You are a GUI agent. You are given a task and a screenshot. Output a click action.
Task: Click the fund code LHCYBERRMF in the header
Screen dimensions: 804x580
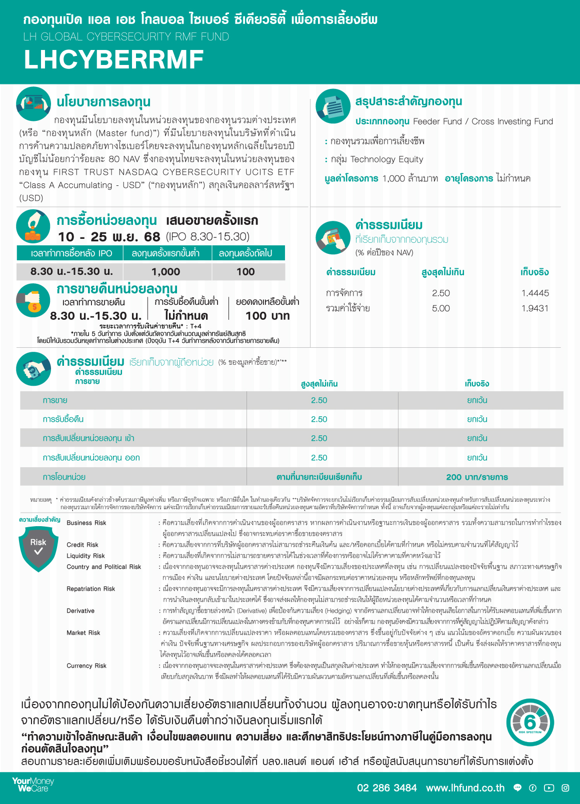pyautogui.click(x=113, y=60)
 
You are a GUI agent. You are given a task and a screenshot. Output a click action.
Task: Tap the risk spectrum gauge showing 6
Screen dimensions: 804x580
pyautogui.click(x=530, y=722)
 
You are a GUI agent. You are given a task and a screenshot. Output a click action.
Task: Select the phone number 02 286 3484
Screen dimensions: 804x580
pyautogui.click(x=386, y=788)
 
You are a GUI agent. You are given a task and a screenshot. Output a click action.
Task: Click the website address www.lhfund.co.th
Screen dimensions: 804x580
pyautogui.click(x=465, y=788)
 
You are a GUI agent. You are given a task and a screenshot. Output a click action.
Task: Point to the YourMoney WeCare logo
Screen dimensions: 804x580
pyautogui.click(x=33, y=785)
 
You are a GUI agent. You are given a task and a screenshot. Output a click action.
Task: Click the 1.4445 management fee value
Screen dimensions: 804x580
pyautogui.click(x=534, y=293)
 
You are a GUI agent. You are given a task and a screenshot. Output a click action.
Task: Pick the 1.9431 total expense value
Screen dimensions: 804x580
pyautogui.click(x=534, y=309)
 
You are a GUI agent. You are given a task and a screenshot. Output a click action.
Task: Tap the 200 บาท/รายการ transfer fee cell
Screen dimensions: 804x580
pyautogui.click(x=476, y=477)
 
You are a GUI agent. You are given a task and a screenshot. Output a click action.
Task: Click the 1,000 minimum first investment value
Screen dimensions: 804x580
pyautogui.click(x=165, y=272)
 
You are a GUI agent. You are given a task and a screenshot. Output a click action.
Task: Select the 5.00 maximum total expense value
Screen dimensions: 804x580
pyautogui.click(x=440, y=309)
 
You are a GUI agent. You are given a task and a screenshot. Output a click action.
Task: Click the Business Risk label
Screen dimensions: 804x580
pyautogui.click(x=86, y=523)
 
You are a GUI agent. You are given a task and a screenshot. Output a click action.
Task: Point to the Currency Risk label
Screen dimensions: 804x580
pyautogui.click(x=86, y=666)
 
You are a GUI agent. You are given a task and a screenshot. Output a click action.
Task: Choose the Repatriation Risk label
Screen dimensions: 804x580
pyautogui.click(x=91, y=589)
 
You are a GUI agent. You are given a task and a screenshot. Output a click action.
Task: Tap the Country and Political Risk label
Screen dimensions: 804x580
pyautogui.click(x=103, y=567)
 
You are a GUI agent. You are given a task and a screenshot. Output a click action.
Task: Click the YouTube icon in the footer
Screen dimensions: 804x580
pyautogui.click(x=549, y=788)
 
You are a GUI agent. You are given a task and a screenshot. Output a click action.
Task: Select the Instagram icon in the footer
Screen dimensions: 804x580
pyautogui.click(x=565, y=788)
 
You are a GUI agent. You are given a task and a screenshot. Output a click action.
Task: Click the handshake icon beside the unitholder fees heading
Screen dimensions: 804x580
pyautogui.click(x=33, y=369)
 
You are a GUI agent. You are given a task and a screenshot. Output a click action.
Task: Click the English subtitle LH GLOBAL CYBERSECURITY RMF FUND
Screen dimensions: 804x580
pyautogui.click(x=126, y=37)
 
